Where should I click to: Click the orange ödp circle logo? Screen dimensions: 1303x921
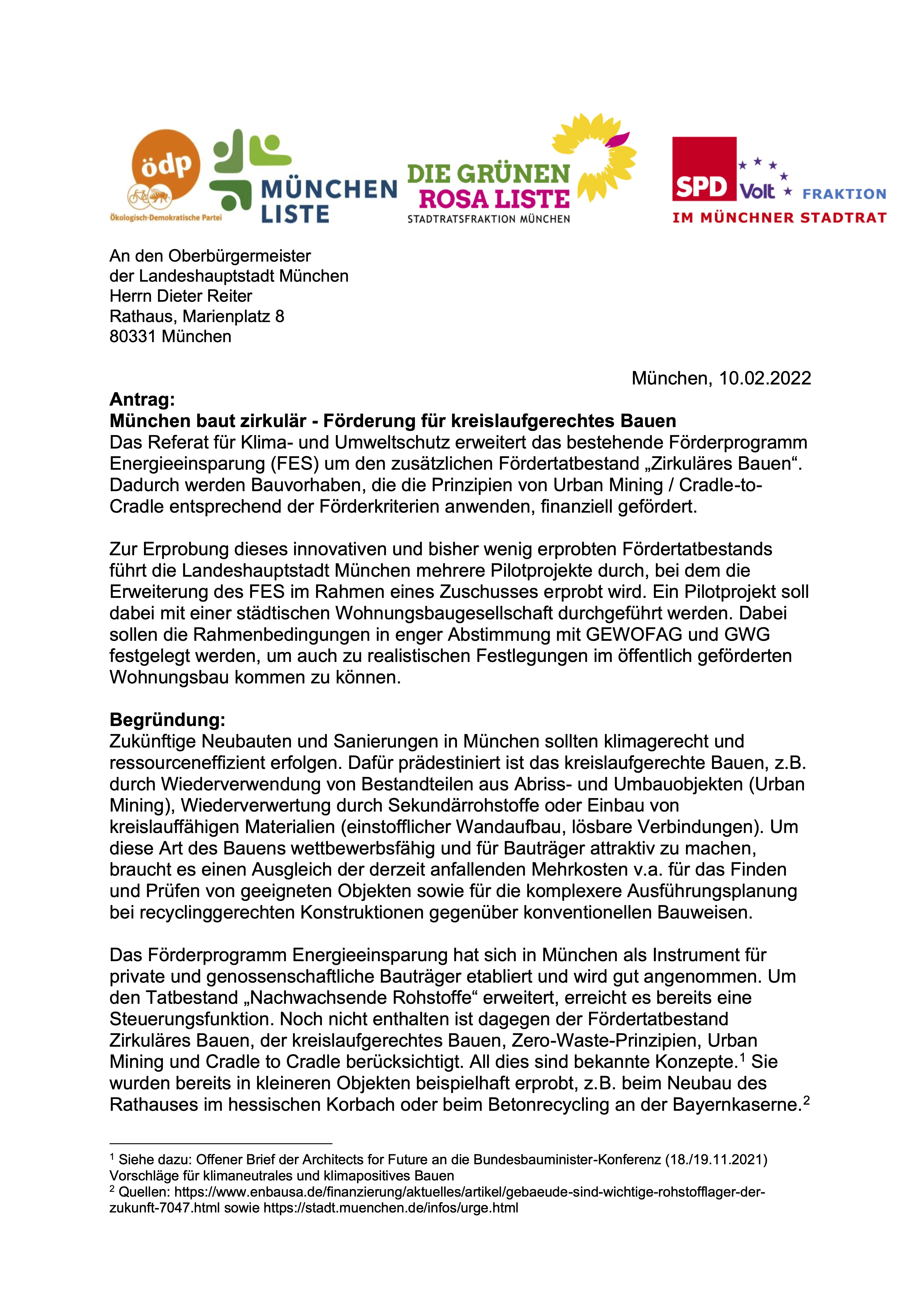pyautogui.click(x=166, y=165)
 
